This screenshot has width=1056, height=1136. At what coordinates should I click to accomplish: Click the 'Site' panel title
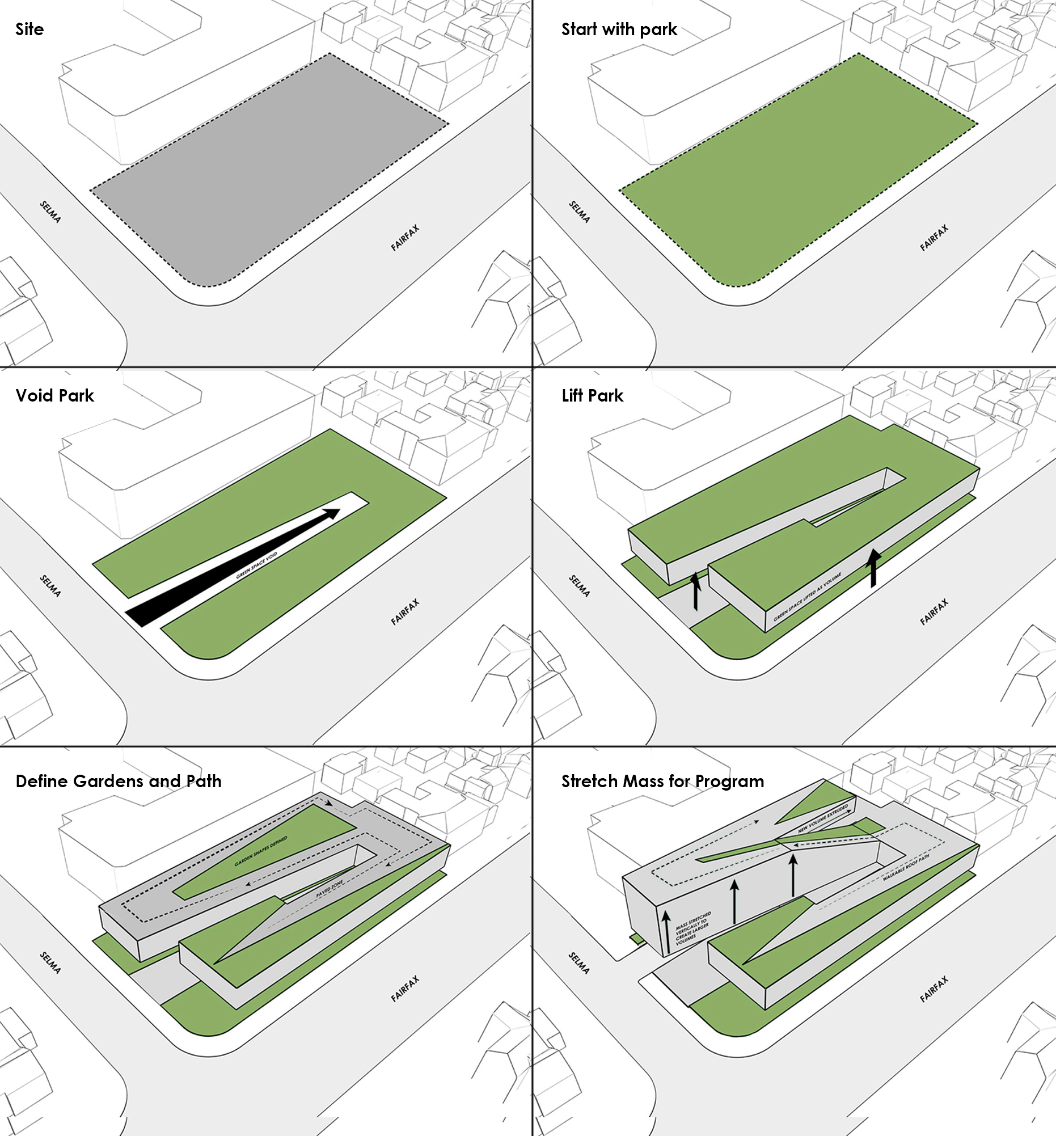(x=29, y=29)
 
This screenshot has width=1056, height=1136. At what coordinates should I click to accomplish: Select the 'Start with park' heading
(x=619, y=29)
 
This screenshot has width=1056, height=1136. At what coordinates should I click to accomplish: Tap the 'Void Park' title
(x=54, y=395)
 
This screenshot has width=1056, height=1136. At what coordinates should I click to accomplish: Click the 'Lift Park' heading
(x=592, y=395)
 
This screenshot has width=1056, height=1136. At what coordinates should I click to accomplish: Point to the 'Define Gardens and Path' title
(x=119, y=781)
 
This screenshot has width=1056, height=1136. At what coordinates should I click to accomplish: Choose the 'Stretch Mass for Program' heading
(x=662, y=781)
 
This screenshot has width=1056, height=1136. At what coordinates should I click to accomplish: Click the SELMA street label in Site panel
(x=50, y=212)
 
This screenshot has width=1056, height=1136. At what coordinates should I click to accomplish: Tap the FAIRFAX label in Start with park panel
(x=934, y=238)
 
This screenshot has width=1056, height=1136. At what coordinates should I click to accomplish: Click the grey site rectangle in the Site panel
(x=269, y=171)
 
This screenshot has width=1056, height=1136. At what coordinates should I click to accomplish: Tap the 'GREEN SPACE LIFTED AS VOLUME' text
(x=808, y=597)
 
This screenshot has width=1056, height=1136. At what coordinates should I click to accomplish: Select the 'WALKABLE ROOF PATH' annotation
(x=906, y=867)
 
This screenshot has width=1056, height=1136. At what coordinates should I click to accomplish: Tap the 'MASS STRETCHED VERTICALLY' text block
(x=693, y=929)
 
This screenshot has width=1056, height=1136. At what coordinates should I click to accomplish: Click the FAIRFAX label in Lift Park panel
(x=934, y=612)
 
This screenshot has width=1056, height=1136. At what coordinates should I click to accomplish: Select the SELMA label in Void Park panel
(x=50, y=586)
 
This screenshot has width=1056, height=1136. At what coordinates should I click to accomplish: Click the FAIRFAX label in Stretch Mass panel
(x=934, y=989)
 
